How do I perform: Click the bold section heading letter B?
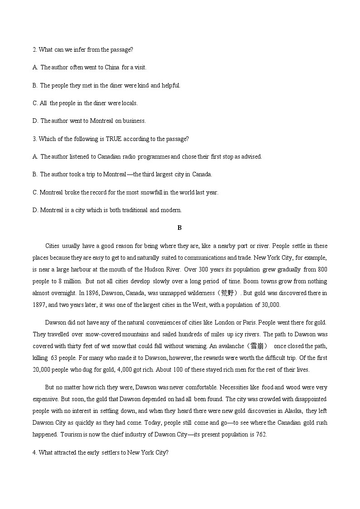[x=180, y=228]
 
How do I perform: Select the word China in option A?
[x=112, y=67]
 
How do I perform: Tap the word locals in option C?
[x=129, y=103]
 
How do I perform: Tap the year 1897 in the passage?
[x=39, y=305]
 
